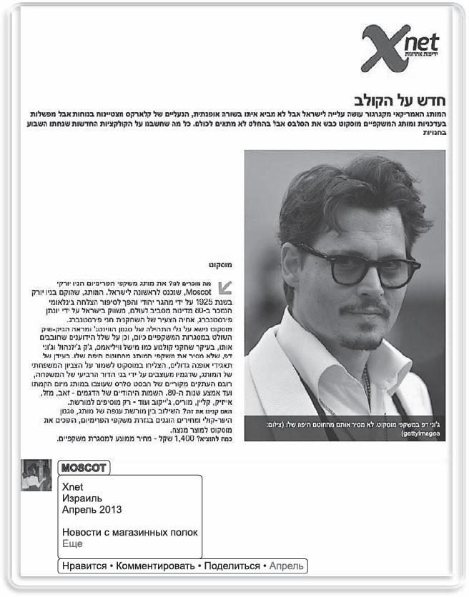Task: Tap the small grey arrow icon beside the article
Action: pos(226,287)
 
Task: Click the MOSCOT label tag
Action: pos(84,468)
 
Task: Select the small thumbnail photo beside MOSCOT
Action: pos(36,475)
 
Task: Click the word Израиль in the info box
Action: pos(82,498)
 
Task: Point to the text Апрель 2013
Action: pos(92,510)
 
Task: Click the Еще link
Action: pos(72,543)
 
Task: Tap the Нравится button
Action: pos(84,566)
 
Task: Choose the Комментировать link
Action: pos(154,566)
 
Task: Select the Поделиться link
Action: pos(232,566)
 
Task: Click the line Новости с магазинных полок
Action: pos(129,533)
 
